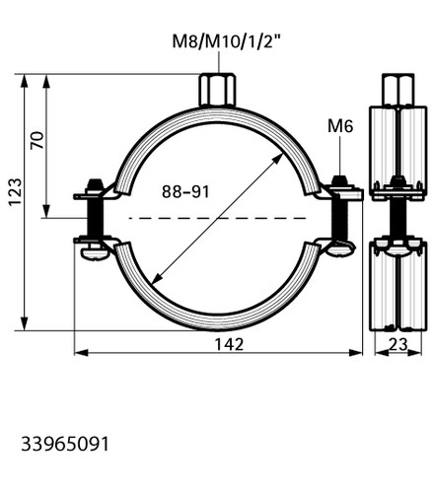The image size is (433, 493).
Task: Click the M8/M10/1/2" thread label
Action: coord(227,41)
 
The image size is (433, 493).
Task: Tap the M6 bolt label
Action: coord(340,126)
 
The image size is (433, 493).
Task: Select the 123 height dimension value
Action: coord(15,192)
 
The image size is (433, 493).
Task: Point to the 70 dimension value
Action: coord(36,140)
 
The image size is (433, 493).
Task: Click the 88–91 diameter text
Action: coord(185,191)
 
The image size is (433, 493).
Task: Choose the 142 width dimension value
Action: coord(229,344)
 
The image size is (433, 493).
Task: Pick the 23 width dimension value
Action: coord(398,344)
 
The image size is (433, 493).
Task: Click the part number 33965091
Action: coord(65,445)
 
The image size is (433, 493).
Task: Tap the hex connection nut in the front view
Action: coord(217,90)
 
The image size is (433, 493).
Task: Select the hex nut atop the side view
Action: coord(397,90)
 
